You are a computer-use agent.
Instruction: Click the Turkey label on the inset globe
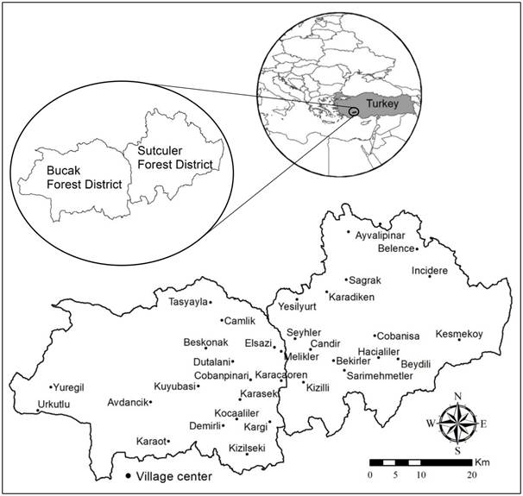pos(381,104)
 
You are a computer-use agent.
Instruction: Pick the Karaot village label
pos(150,442)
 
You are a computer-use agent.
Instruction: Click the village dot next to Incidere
pos(429,276)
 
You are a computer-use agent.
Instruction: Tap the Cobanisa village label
pos(399,336)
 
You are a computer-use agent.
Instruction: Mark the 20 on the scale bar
pos(471,476)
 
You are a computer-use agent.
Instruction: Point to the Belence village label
pos(397,248)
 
